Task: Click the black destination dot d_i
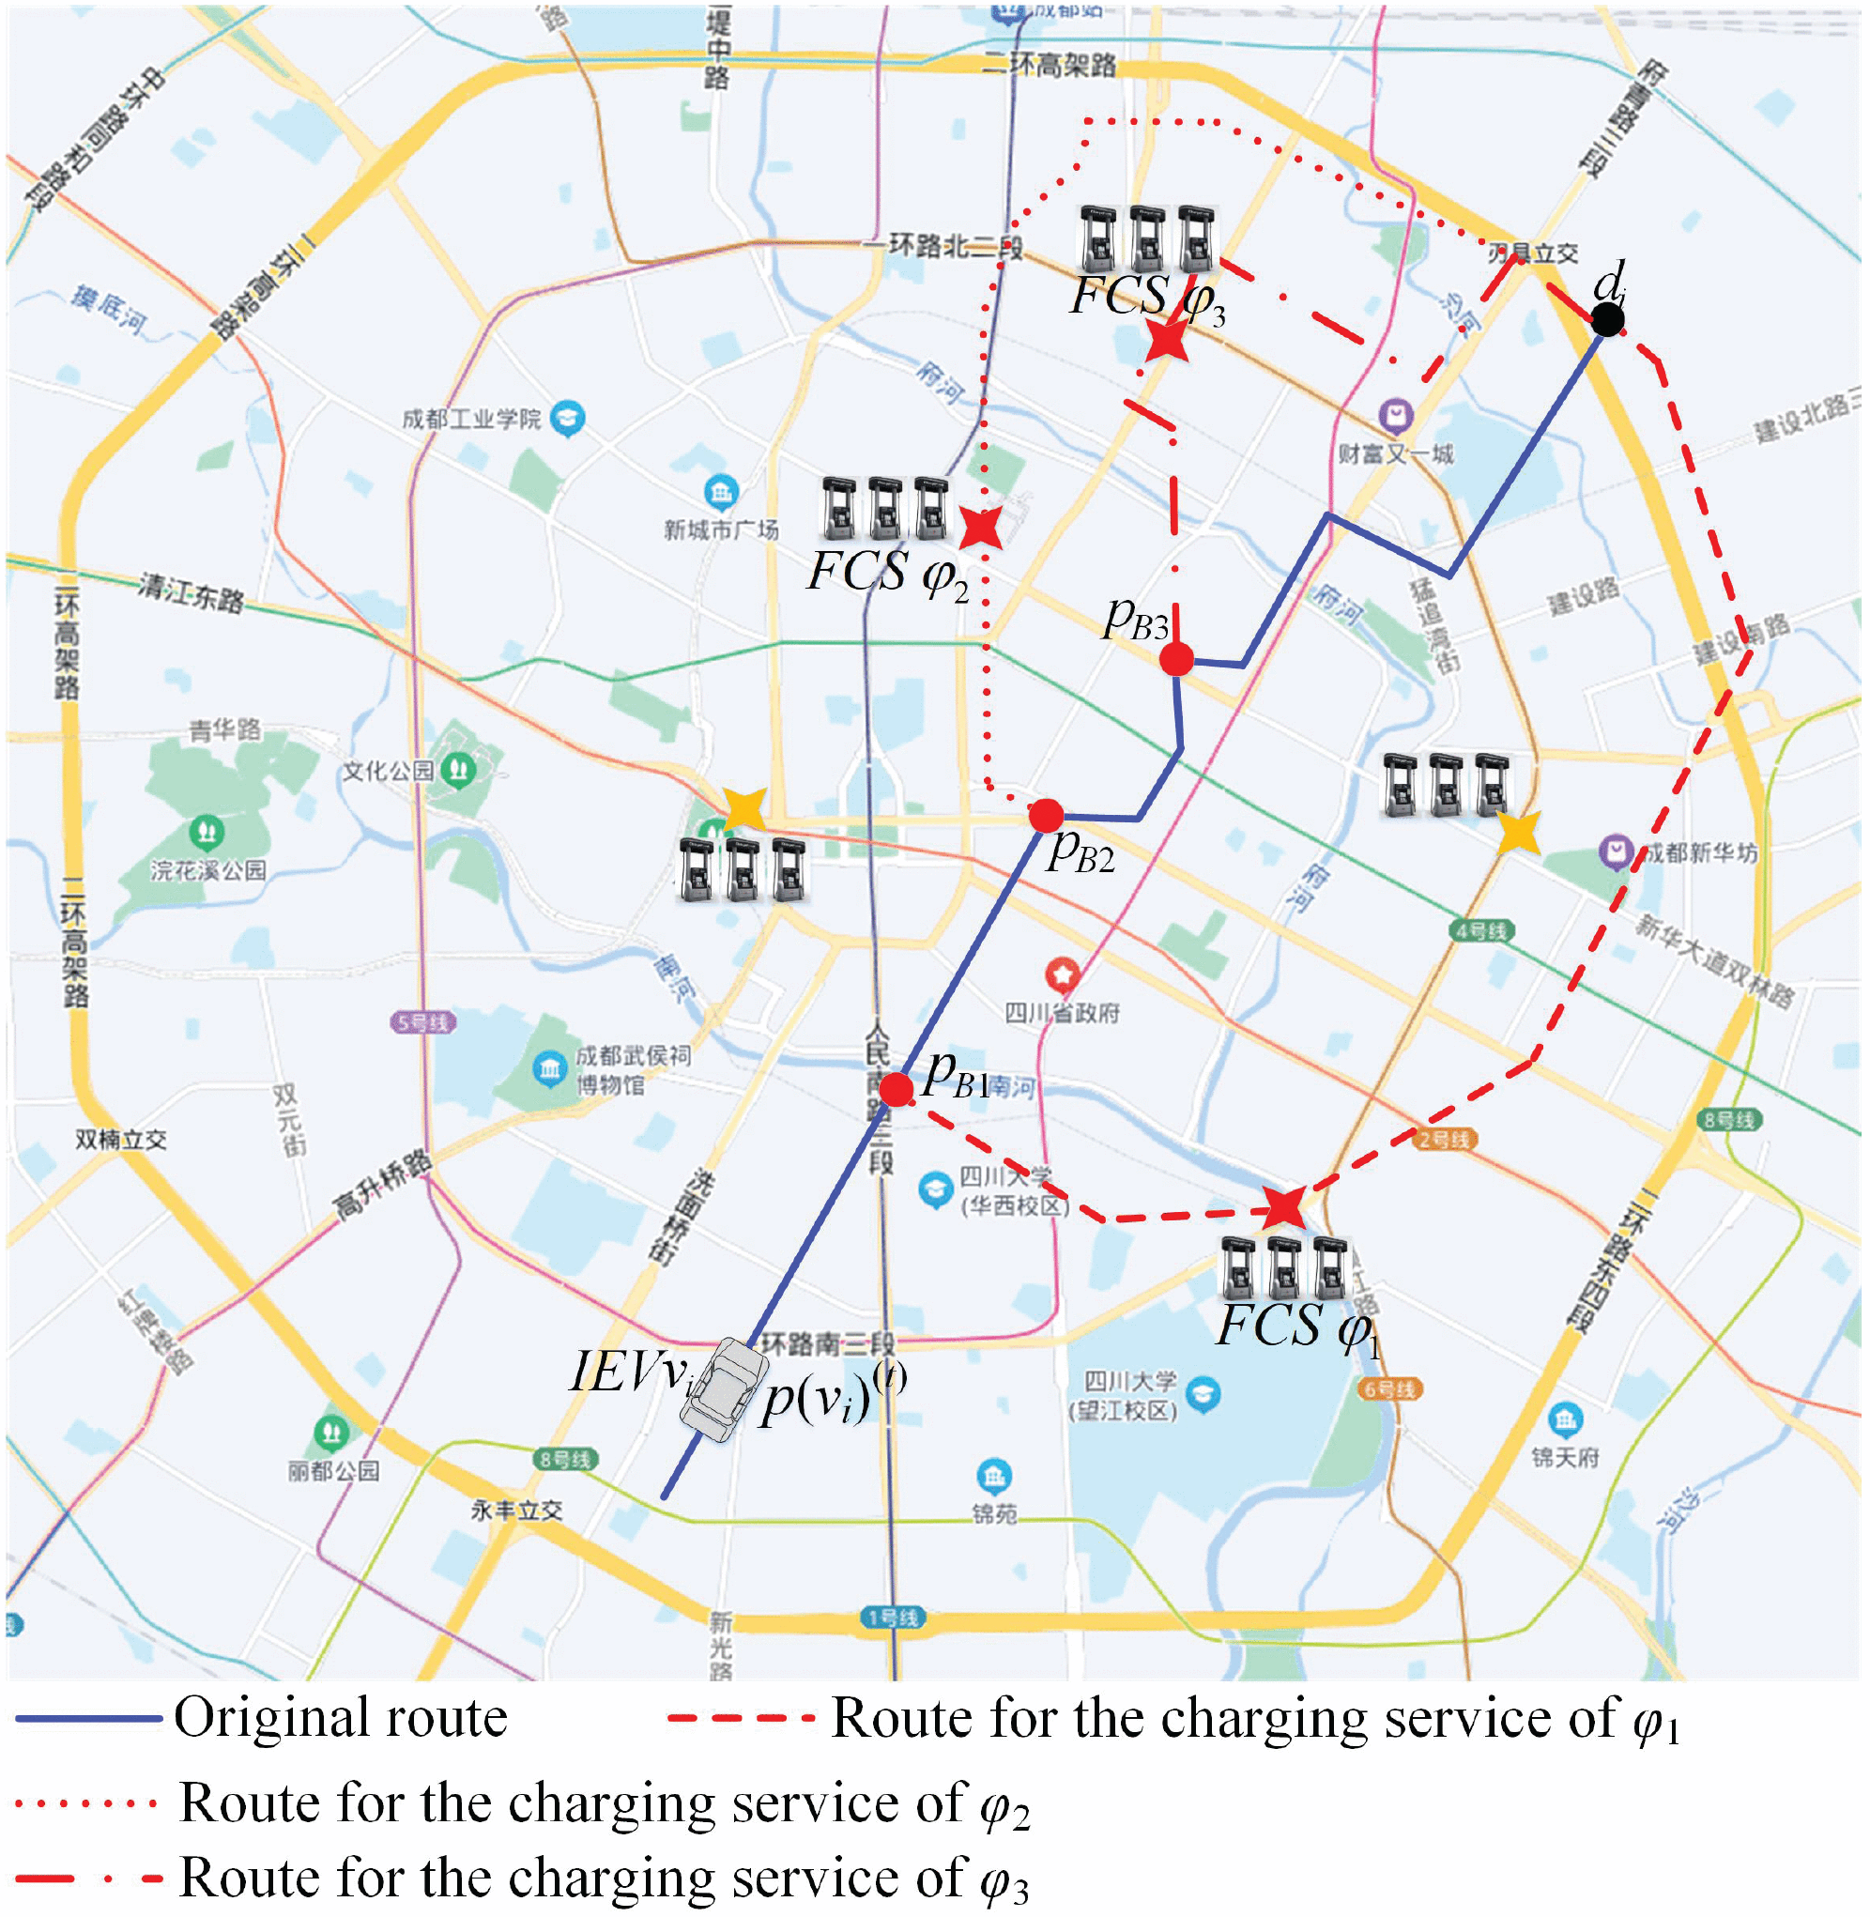[1607, 319]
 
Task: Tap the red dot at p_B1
[896, 1089]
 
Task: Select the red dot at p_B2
[1046, 815]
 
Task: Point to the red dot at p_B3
[1176, 659]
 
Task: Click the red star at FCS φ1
[1283, 1206]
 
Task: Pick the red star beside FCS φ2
[980, 529]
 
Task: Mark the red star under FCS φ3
[1167, 340]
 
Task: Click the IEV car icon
[724, 1388]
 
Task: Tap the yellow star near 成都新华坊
[1518, 833]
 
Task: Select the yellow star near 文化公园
[743, 809]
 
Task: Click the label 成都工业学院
[471, 420]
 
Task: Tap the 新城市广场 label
[721, 530]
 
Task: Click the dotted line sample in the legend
[86, 1803]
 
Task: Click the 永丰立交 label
[516, 1510]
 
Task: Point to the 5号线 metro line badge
[423, 1022]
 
